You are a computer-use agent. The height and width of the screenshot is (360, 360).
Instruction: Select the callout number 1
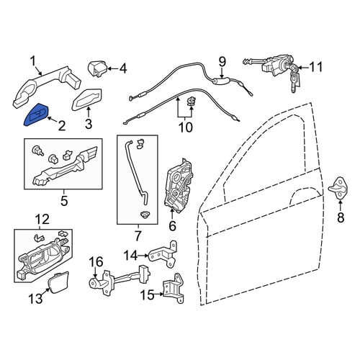(x=33, y=61)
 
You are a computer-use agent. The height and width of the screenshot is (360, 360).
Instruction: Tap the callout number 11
(x=316, y=67)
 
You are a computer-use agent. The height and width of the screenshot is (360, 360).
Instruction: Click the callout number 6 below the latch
(x=172, y=226)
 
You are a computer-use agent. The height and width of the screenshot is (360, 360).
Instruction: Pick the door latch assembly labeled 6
(x=179, y=185)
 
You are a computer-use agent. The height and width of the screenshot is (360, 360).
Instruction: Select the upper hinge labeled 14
(x=163, y=254)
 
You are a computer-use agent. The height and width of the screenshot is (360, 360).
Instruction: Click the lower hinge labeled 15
(x=174, y=288)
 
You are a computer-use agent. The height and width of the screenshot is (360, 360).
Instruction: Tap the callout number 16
(x=96, y=262)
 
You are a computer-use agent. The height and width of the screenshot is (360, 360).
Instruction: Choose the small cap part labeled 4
(x=98, y=69)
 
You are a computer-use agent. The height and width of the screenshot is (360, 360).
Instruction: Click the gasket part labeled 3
(x=87, y=100)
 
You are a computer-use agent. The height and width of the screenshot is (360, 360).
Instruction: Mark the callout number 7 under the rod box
(x=138, y=235)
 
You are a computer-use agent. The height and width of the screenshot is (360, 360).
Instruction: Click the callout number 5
(x=64, y=200)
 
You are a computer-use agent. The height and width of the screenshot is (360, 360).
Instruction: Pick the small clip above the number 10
(x=192, y=102)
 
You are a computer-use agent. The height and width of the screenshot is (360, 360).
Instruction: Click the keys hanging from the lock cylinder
(x=295, y=78)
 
